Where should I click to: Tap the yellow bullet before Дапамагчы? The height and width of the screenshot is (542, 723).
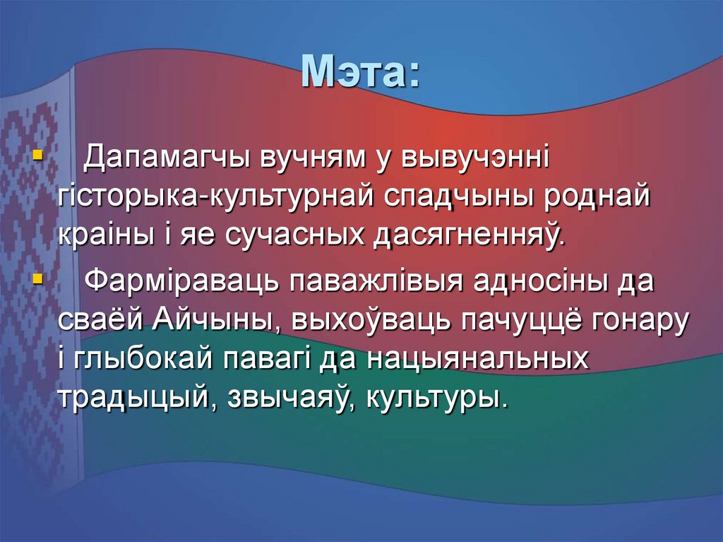[x=37, y=153]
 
